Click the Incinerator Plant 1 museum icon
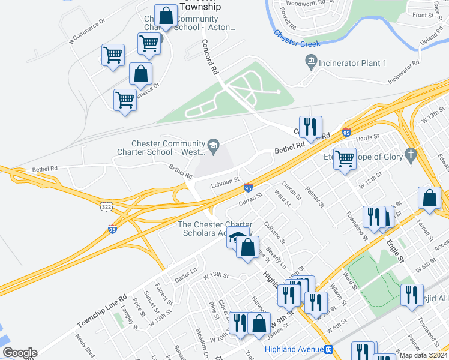[311, 61]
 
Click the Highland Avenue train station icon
[328, 349]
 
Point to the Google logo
[20, 353]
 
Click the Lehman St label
[225, 182]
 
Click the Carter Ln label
[185, 274]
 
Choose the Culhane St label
[274, 232]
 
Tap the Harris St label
[368, 137]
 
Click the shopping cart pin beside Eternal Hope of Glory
[345, 159]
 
